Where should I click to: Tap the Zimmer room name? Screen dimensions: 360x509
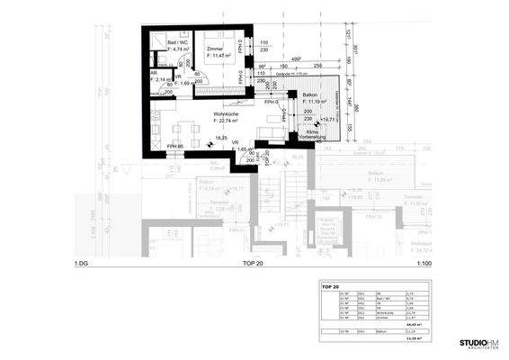pos(214,48)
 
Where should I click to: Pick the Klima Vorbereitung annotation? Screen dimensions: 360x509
pos(317,134)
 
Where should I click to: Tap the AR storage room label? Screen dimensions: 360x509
pos(153,73)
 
